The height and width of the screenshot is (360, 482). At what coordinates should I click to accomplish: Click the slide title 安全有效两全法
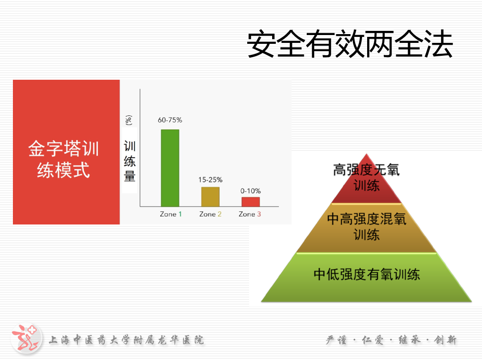tap(350, 44)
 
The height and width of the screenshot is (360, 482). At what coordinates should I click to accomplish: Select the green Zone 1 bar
tap(170, 168)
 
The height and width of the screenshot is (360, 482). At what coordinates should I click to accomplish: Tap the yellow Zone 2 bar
tap(210, 197)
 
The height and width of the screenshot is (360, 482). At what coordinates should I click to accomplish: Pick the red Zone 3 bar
tap(250, 202)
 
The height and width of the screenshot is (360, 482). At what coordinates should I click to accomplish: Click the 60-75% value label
tap(170, 120)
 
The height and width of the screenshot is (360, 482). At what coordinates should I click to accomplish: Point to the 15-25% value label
tap(210, 180)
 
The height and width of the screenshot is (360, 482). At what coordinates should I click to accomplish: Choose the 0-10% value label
tap(250, 191)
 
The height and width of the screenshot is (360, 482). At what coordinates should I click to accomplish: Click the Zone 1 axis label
tap(171, 214)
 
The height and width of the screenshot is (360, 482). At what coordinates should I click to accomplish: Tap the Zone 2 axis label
tap(210, 214)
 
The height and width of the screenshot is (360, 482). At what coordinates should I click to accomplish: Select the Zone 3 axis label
tap(250, 214)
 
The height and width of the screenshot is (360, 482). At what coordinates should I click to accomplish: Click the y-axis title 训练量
tap(130, 161)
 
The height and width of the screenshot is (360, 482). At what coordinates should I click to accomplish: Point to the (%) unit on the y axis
tap(129, 120)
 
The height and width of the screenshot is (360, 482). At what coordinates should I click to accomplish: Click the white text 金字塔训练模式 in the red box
tap(64, 159)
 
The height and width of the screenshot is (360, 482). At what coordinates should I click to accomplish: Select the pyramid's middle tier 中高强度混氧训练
tap(366, 228)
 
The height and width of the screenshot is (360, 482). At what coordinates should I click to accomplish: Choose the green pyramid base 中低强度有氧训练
tap(366, 277)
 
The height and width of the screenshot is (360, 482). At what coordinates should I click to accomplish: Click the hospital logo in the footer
tap(26, 339)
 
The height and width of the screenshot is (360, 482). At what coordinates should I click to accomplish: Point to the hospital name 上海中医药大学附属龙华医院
tap(126, 340)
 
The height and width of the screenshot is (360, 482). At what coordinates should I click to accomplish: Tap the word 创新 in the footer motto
tap(445, 340)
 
